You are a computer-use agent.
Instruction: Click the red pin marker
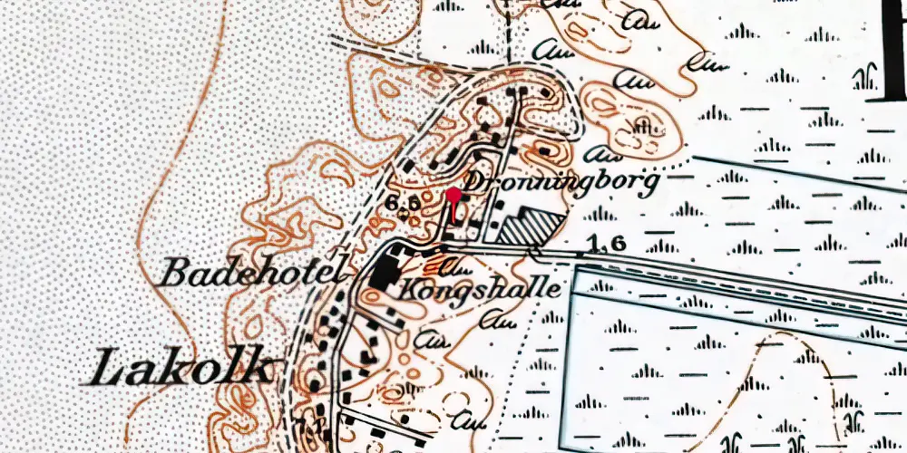pos(453,195)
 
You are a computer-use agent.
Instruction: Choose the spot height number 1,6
pos(594,244)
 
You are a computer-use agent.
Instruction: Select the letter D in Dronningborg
pos(473,180)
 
